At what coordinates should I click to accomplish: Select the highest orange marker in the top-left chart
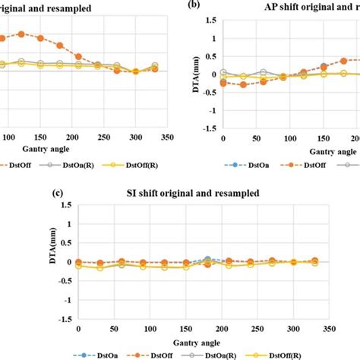(x=21, y=33)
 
